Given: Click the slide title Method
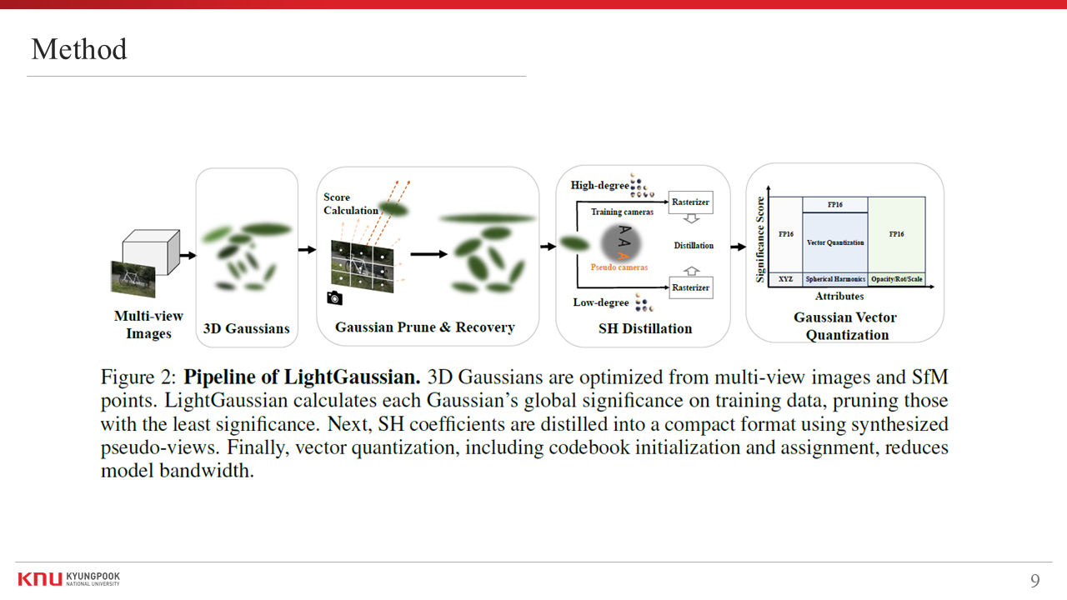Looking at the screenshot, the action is (79, 50).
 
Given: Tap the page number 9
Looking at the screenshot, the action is (1034, 581).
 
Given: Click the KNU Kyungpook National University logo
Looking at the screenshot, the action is (68, 579).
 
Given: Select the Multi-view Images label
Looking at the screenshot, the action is (148, 325).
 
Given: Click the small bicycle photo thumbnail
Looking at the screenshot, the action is (133, 278).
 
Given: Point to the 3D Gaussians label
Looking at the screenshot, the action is (247, 328).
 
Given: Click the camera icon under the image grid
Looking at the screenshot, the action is (334, 297).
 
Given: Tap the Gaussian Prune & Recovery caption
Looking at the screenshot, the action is (424, 327).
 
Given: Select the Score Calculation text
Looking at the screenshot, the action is (350, 204).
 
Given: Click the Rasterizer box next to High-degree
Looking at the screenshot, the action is (690, 202).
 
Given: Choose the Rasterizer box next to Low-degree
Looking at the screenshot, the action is (690, 287).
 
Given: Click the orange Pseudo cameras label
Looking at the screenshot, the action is (619, 267).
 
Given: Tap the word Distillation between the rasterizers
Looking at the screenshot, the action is (694, 245).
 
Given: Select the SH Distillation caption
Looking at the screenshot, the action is (645, 328).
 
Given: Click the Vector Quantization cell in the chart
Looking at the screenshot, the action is (835, 242).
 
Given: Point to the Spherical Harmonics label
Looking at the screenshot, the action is (835, 279).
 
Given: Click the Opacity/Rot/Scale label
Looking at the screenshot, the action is (897, 279).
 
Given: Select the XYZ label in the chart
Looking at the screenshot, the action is (785, 279).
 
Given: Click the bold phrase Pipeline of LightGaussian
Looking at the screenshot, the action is (302, 377).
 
